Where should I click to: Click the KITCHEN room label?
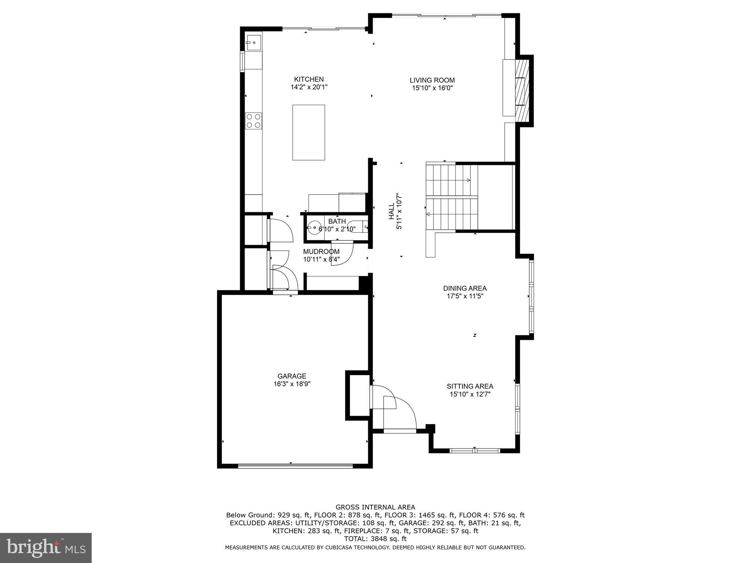(x=309, y=79)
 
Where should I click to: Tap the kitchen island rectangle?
(x=308, y=132)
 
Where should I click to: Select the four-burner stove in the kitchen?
(x=253, y=121)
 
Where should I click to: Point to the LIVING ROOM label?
(x=432, y=80)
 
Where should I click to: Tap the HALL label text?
(x=391, y=211)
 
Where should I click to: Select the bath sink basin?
(x=314, y=228)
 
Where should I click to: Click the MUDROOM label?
(x=321, y=251)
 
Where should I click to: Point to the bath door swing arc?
(x=343, y=253)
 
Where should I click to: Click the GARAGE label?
(x=292, y=376)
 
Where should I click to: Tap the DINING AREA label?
(x=465, y=288)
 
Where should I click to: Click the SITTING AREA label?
(x=470, y=386)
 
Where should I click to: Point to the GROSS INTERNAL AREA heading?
(x=375, y=507)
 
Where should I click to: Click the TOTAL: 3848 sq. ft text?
(x=375, y=539)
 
